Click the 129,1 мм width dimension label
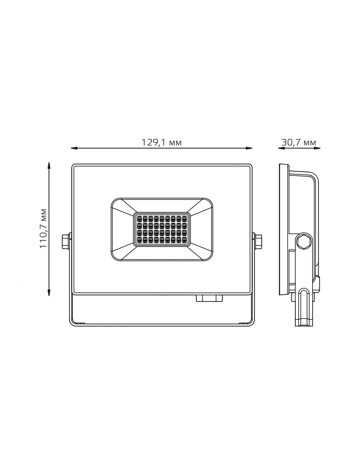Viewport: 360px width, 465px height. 162,142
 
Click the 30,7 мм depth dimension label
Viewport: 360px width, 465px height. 299,142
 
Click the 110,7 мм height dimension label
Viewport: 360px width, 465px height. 43,228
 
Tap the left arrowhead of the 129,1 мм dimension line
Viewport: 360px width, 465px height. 74,148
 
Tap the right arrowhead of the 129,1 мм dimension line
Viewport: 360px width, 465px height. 249,148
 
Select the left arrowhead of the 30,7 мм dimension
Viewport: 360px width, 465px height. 281,148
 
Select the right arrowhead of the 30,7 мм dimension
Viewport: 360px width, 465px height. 317,148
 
